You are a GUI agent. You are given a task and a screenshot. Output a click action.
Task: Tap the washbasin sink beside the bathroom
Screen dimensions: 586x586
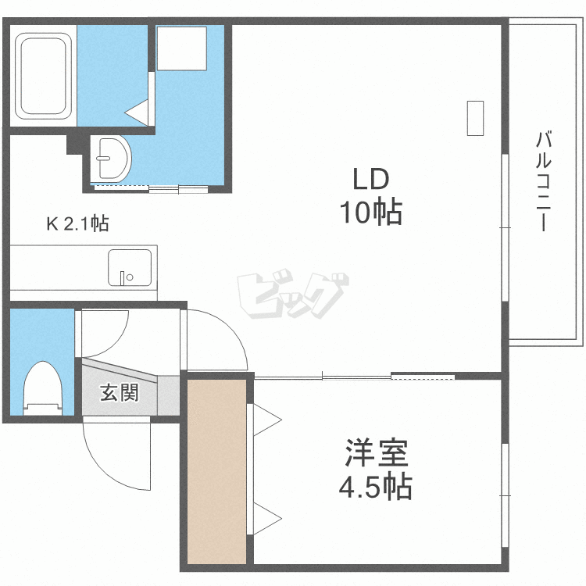[112, 159]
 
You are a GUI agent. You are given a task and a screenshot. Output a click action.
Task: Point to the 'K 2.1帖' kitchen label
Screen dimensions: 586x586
[77, 224]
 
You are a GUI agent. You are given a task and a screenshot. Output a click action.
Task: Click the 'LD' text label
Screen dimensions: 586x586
[370, 180]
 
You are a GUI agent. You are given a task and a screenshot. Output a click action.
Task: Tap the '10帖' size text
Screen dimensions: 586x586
[370, 212]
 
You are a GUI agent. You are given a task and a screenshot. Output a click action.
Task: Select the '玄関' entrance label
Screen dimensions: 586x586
[119, 392]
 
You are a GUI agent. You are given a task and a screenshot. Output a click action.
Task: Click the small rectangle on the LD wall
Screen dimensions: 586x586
[474, 118]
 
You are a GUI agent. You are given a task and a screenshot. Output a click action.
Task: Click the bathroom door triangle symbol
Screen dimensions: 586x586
[139, 112]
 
